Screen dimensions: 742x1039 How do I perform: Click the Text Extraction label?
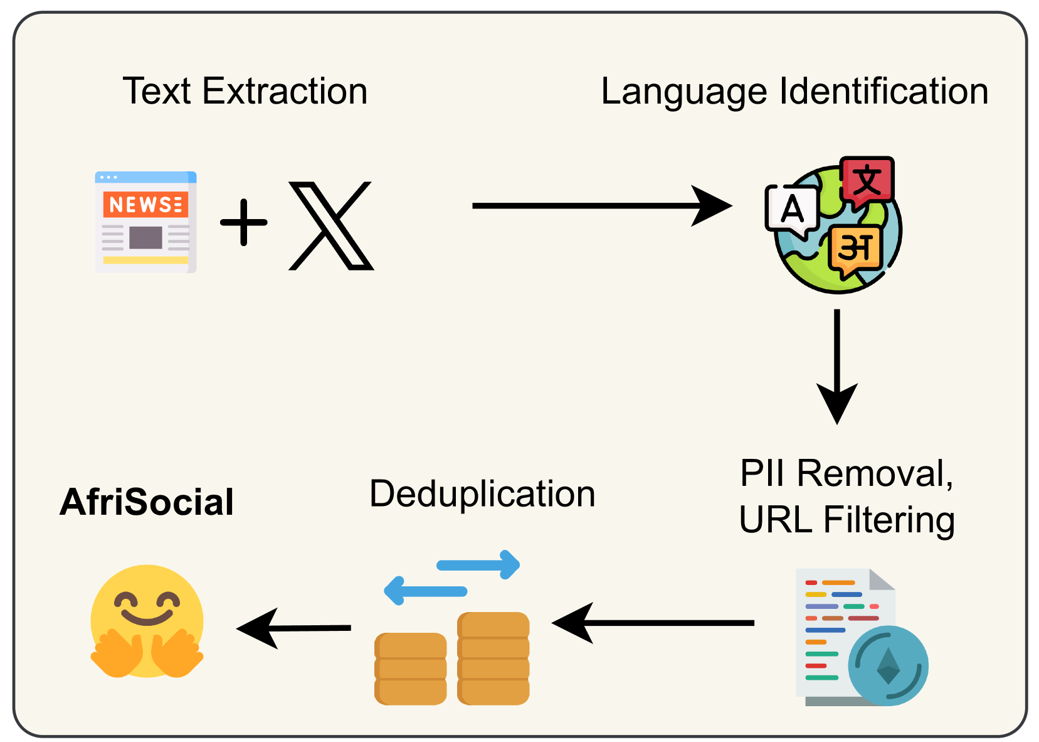[x=245, y=91]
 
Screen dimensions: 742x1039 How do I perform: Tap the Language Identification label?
[x=794, y=91]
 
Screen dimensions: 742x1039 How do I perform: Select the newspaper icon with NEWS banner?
[x=145, y=222]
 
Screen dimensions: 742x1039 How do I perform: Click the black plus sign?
[x=244, y=222]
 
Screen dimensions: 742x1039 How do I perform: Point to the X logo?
[x=331, y=226]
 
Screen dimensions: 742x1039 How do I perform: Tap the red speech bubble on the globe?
[x=867, y=181]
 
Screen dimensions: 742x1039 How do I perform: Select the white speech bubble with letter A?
[x=792, y=210]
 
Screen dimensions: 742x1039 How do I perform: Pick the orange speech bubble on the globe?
[x=855, y=249]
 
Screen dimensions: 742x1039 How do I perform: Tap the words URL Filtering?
[x=846, y=520]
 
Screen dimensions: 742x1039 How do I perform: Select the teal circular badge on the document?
[x=888, y=665]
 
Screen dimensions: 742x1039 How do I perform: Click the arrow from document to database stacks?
[x=652, y=623]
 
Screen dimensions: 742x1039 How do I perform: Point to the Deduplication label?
[x=482, y=493]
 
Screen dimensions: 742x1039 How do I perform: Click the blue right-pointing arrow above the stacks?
[x=480, y=564]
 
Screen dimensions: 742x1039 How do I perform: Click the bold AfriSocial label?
[x=147, y=502]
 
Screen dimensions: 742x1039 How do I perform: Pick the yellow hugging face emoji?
[x=147, y=621]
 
